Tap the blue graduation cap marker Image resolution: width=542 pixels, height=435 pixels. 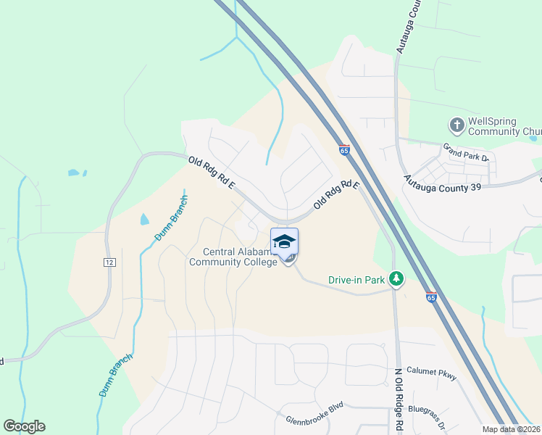pyautogui.click(x=284, y=241)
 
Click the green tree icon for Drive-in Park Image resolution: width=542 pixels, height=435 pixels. pyautogui.click(x=396, y=278)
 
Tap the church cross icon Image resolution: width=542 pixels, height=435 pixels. pyautogui.click(x=456, y=125)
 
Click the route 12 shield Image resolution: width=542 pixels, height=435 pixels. pyautogui.click(x=109, y=261)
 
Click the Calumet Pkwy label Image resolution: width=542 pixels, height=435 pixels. pyautogui.click(x=431, y=371)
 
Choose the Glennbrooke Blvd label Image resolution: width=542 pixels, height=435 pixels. pyautogui.click(x=314, y=410)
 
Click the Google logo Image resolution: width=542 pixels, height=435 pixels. pyautogui.click(x=24, y=426)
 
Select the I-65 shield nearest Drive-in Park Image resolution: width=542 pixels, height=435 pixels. pyautogui.click(x=431, y=298)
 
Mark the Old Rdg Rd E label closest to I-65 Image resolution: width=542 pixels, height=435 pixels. pyautogui.click(x=337, y=196)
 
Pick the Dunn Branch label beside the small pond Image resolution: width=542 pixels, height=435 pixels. pyautogui.click(x=171, y=217)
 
